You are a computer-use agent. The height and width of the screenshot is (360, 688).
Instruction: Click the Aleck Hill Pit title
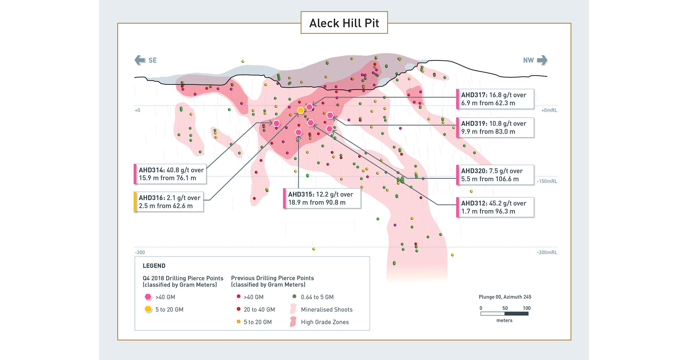[344, 23]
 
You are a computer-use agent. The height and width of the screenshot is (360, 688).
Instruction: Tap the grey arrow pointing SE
[140, 60]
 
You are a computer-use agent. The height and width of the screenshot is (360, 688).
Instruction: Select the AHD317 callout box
[495, 99]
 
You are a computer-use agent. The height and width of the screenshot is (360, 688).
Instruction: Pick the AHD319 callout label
[495, 128]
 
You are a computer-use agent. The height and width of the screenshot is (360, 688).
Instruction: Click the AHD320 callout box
[495, 175]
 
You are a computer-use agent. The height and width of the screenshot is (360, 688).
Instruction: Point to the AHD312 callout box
[495, 207]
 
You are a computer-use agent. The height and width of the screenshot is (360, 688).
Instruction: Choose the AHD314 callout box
[170, 174]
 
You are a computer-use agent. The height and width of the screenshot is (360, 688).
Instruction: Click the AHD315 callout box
[322, 198]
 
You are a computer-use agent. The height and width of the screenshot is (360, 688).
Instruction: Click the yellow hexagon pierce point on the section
[301, 110]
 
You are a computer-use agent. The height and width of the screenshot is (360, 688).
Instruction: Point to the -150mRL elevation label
[547, 181]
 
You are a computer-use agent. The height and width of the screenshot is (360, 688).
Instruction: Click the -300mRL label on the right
[547, 252]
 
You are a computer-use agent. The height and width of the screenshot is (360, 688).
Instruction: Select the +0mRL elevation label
[549, 110]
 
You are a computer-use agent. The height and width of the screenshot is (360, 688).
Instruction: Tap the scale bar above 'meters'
[504, 314]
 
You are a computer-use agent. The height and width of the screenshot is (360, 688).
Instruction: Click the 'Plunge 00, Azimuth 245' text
[505, 297]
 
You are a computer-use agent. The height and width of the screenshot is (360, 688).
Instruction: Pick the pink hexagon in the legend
[148, 297]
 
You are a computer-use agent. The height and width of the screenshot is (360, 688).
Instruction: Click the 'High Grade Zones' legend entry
[325, 322]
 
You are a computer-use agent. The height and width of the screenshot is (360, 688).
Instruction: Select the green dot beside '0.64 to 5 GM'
[294, 296]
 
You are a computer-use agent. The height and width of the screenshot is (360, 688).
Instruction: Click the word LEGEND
[154, 266]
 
